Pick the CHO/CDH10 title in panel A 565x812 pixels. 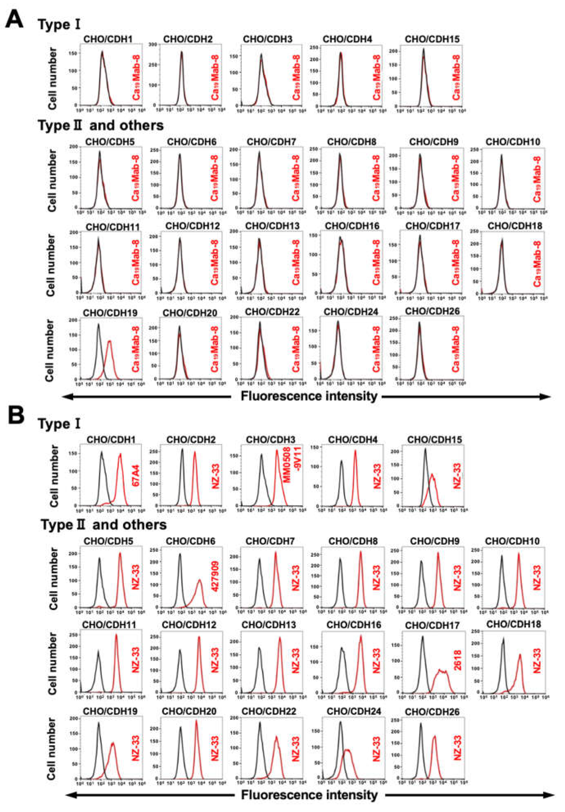click(513, 142)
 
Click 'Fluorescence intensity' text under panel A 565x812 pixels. click(309, 396)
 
